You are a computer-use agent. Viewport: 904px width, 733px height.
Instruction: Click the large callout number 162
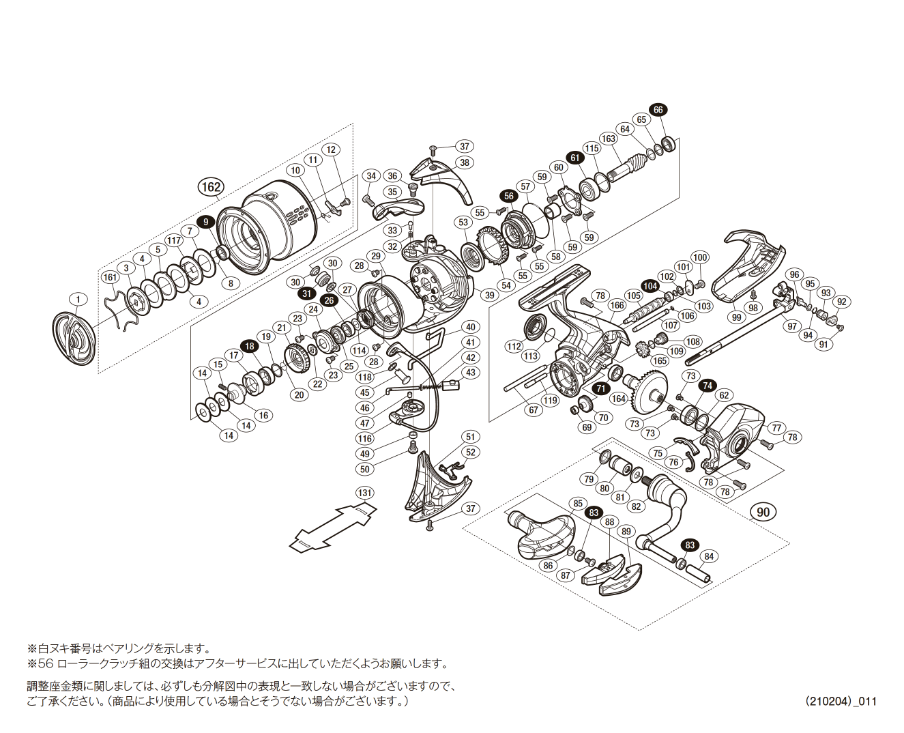(211, 187)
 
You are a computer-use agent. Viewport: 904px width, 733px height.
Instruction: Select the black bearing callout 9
(205, 222)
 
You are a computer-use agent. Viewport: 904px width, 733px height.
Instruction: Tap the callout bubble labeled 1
(78, 300)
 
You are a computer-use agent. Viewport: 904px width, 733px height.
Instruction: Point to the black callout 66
(658, 110)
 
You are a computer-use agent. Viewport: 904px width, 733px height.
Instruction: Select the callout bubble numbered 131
(365, 493)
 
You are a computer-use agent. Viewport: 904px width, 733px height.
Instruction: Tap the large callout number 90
(763, 513)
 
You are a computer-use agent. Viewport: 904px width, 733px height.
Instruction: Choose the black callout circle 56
(508, 196)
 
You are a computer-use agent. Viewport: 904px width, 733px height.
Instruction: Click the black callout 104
(650, 287)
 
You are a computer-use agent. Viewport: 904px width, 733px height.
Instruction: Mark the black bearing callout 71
(600, 388)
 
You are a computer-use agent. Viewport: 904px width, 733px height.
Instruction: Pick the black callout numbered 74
(708, 386)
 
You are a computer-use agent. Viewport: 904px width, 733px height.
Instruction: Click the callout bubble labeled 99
(736, 317)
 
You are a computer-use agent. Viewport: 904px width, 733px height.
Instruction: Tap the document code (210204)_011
(841, 701)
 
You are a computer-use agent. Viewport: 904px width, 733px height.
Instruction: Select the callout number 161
(111, 277)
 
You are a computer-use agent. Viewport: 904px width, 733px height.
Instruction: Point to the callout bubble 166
(617, 305)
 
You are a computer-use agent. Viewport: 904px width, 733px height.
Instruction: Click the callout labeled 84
(709, 556)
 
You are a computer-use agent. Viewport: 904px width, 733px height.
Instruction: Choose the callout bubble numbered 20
(299, 394)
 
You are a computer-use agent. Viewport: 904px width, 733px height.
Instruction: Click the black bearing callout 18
(250, 346)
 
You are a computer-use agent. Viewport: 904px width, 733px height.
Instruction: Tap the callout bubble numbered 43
(471, 373)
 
